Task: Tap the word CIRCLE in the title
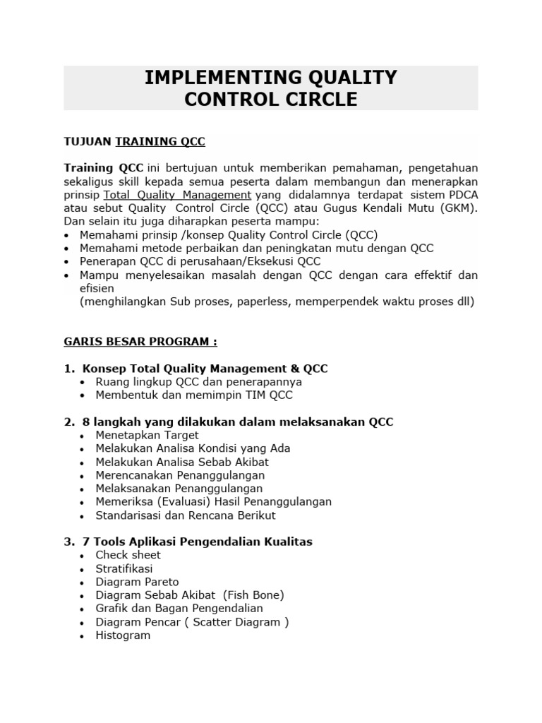pos(318,100)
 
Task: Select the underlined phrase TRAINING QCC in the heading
pos(160,141)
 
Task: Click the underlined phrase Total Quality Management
pos(177,195)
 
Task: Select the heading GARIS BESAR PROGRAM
pos(140,342)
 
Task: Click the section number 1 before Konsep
pos(68,369)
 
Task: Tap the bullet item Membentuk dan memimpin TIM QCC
pos(194,395)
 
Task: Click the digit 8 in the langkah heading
pos(86,422)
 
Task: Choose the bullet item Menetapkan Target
pos(147,435)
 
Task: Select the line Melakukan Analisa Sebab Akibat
pos(182,462)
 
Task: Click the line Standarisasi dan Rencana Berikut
pos(186,515)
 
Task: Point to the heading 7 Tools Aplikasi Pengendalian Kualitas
pos(198,542)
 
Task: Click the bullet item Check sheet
pos(128,555)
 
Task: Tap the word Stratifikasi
pos(124,568)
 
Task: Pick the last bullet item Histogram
pos(124,635)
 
